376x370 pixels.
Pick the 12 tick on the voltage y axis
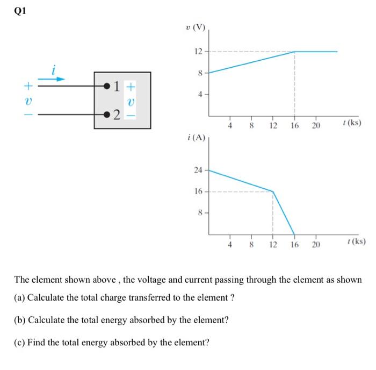click(x=198, y=52)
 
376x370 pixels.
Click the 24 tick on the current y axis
click(x=198, y=170)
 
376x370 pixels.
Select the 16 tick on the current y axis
click(x=198, y=191)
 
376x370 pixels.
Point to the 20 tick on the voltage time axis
click(x=315, y=126)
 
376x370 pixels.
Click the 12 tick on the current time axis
click(x=273, y=245)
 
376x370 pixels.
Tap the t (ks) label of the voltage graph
click(x=351, y=123)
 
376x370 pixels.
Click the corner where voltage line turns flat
click(x=294, y=52)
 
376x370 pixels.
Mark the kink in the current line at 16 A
click(x=273, y=191)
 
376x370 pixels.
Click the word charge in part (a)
click(x=128, y=298)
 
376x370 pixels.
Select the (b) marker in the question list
click(x=20, y=320)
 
